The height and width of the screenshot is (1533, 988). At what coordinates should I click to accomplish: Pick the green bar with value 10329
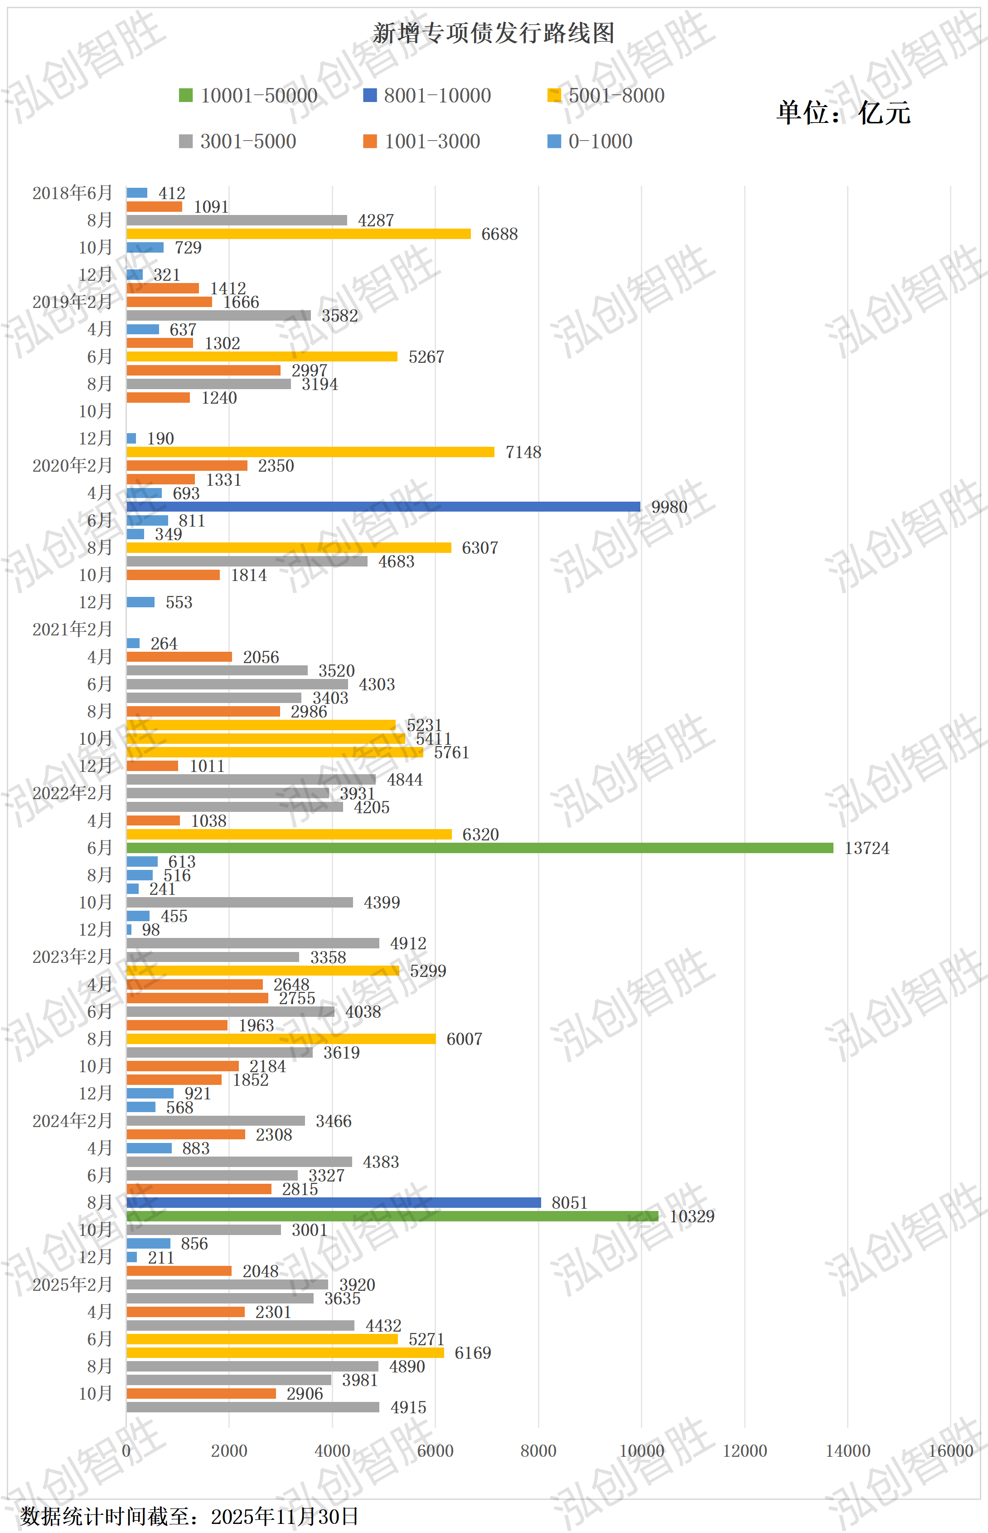392,1216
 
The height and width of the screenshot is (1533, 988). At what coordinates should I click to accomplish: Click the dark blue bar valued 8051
334,1202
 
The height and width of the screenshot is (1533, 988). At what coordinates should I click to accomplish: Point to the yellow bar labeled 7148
310,452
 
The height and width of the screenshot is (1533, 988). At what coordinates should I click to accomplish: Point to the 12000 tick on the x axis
744,1451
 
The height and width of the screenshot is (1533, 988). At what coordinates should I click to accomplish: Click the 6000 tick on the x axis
435,1451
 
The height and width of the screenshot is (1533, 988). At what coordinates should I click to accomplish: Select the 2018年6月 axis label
73,193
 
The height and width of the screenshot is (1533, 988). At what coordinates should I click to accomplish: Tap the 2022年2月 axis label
73,793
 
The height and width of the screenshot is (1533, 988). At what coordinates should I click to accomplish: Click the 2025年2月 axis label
73,1284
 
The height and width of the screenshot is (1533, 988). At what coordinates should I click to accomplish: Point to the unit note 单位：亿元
843,113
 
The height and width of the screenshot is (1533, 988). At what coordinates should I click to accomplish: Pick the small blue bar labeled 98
129,930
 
